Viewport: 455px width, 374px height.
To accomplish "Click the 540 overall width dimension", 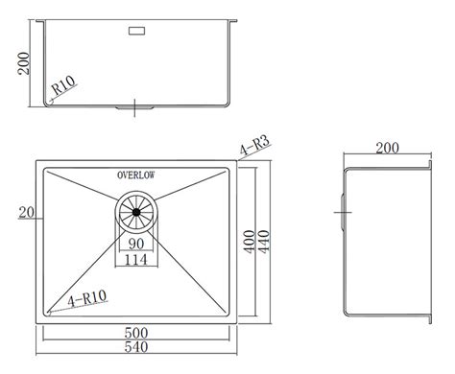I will point(139,360).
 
